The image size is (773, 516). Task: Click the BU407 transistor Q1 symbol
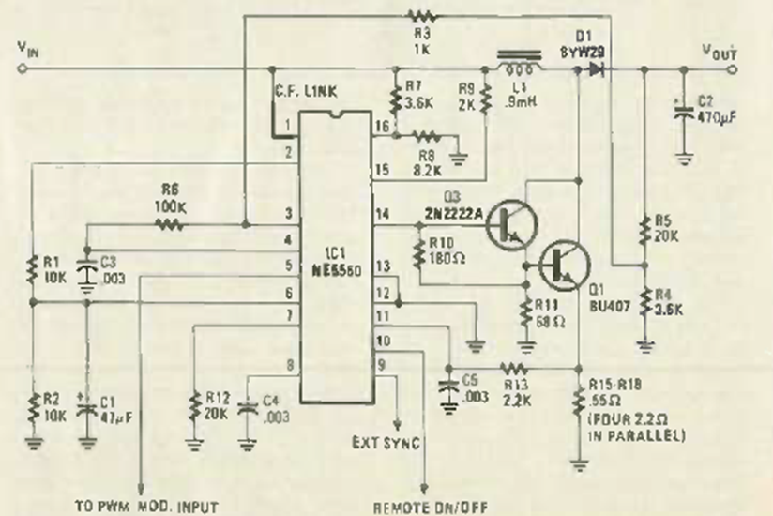coord(568,266)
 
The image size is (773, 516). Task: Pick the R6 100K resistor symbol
coord(170,224)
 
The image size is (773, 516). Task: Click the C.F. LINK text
coord(307,90)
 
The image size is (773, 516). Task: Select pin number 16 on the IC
coord(379,125)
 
